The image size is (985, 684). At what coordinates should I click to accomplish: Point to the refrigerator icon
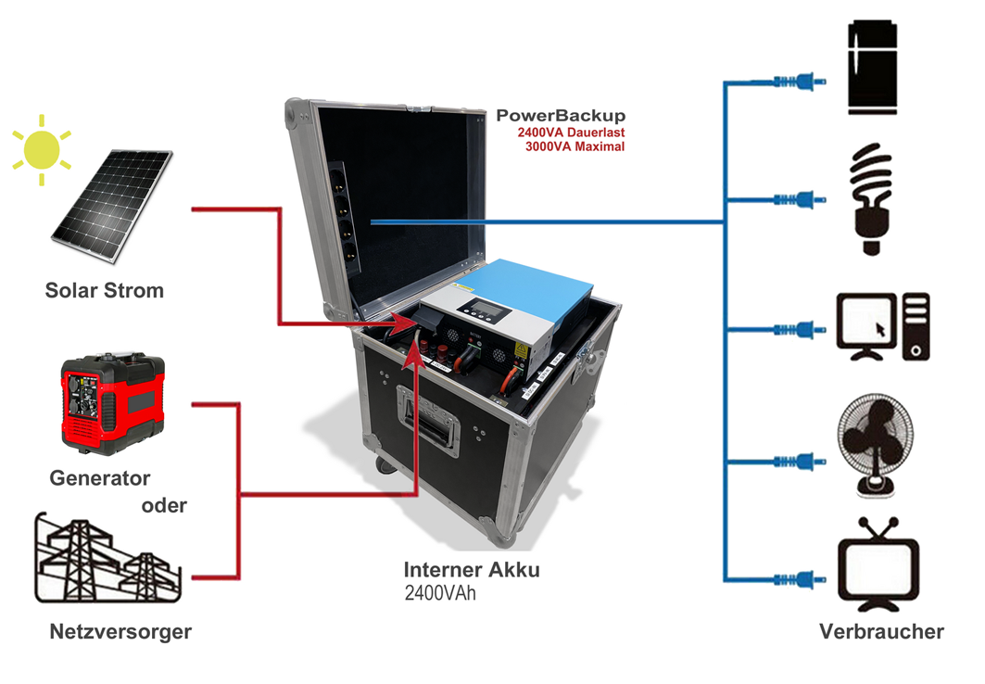pyautogui.click(x=873, y=70)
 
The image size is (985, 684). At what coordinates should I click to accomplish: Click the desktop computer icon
pyautogui.click(x=882, y=326)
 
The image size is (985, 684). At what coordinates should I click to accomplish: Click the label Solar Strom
pyautogui.click(x=104, y=291)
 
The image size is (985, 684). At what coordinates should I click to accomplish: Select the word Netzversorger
pyautogui.click(x=120, y=632)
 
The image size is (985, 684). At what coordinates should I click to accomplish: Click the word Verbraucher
pyautogui.click(x=881, y=632)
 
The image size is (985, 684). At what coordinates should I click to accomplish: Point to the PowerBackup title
pyautogui.click(x=561, y=116)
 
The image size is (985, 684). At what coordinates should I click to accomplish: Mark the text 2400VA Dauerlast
pyautogui.click(x=571, y=133)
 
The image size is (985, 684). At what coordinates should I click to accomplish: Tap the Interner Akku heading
pyautogui.click(x=472, y=570)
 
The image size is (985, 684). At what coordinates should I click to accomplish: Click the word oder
pyautogui.click(x=164, y=506)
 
